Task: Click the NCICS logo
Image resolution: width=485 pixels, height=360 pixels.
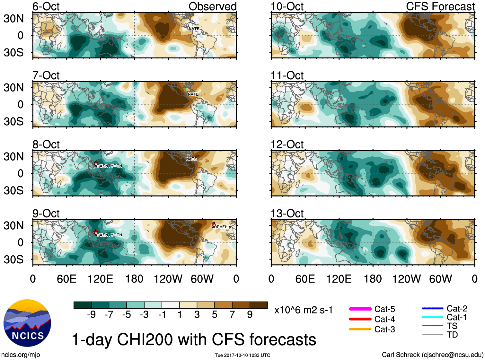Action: pos(27,323)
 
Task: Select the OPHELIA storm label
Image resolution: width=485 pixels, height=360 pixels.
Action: pos(222,227)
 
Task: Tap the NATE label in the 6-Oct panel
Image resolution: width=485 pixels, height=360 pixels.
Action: pos(194,29)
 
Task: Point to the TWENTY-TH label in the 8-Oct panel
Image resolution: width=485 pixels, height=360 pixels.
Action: pos(109,166)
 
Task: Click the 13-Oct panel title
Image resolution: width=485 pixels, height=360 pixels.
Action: pos(287,214)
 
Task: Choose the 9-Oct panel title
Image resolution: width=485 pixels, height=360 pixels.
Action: pos(46,214)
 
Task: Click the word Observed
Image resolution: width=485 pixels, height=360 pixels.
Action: pos(212,6)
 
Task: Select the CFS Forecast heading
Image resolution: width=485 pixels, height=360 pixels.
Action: pos(440,6)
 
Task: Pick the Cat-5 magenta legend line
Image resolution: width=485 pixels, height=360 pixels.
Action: pos(360,309)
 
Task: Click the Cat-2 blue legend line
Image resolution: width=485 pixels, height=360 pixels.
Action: pos(432,308)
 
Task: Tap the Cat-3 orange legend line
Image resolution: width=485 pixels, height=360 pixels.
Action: pos(360,329)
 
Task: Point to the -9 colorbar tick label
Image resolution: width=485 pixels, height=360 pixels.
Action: pos(91,314)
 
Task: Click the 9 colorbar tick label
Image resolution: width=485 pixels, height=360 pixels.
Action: pos(250,314)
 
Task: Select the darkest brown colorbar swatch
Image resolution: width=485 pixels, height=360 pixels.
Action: pos(259,305)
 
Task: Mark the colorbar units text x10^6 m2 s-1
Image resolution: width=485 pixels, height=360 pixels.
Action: pos(303,310)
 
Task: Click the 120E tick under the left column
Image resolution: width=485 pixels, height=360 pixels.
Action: pos(100,279)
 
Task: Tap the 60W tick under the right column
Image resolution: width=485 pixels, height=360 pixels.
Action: pos(440,279)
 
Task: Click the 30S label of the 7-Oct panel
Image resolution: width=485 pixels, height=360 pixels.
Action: pos(13,121)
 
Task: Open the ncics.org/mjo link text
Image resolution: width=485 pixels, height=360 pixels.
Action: pos(21,355)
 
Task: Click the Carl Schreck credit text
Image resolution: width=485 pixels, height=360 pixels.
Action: pos(432,355)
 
